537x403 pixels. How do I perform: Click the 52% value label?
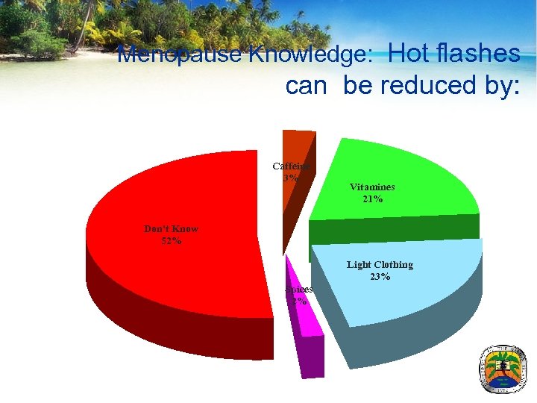tap(172, 240)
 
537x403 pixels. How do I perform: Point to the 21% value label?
tap(372, 199)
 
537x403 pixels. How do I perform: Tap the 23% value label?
tap(380, 277)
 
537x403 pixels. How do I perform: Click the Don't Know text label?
tap(172, 228)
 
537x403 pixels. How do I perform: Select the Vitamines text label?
tap(372, 187)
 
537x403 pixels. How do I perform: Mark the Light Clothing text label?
tap(380, 265)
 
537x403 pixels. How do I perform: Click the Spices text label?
tap(299, 289)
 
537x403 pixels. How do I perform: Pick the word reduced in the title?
tap(421, 85)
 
